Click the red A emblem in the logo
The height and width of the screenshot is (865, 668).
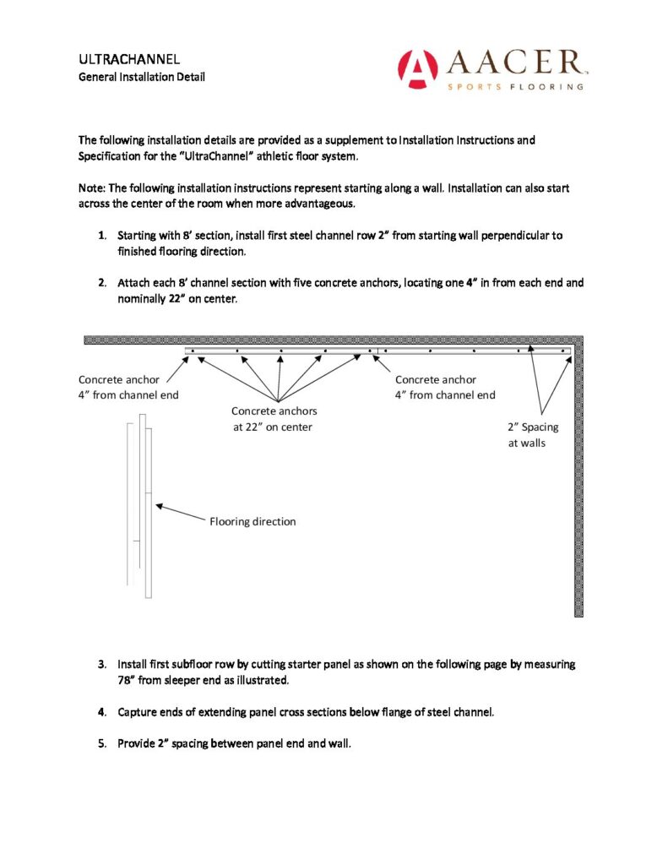(417, 68)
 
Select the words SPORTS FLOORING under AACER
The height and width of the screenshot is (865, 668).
(516, 86)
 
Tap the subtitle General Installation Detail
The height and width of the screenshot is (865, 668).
(142, 77)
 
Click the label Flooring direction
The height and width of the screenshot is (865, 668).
(253, 522)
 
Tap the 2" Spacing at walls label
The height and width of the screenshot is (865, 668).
(533, 435)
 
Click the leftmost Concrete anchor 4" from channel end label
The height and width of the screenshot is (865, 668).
(128, 387)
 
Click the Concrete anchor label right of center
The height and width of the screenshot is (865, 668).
(445, 387)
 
